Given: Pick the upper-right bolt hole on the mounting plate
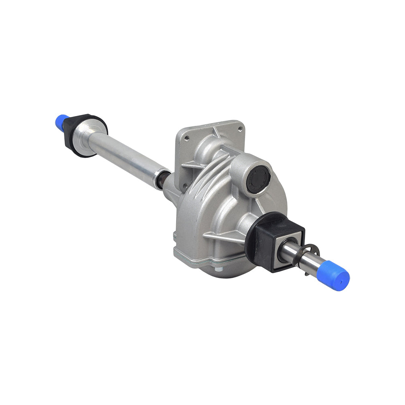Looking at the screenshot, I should (x=240, y=128).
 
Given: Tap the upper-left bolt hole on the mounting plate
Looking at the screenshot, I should (x=186, y=138).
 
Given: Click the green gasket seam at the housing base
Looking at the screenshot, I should (x=190, y=259).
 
